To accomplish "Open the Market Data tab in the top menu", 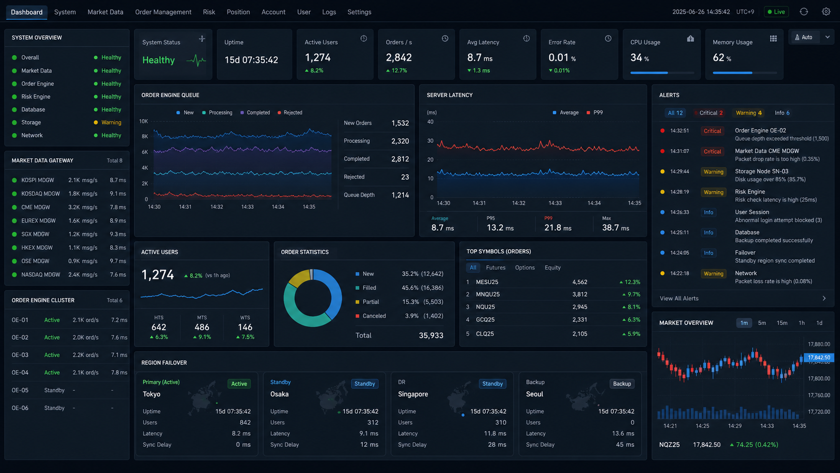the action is [x=106, y=12].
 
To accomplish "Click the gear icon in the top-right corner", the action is [x=826, y=12].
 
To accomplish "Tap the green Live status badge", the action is [x=776, y=12].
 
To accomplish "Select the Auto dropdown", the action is [x=811, y=37].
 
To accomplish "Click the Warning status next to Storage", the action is [x=111, y=122].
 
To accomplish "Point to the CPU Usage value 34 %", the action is [x=640, y=58].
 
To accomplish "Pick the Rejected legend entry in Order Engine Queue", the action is [x=290, y=113].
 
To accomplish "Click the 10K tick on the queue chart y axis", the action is [x=143, y=121].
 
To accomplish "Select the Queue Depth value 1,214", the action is [x=400, y=195].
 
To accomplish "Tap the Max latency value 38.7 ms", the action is [x=615, y=228].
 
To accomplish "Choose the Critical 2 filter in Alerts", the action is [x=709, y=113].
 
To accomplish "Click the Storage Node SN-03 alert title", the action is [x=761, y=171].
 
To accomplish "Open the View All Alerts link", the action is [x=679, y=298].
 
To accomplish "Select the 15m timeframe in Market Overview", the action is [x=782, y=323].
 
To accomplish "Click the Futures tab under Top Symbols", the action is [x=495, y=267].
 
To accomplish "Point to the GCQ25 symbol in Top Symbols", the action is [x=485, y=320].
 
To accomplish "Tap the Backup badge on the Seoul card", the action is [x=622, y=384].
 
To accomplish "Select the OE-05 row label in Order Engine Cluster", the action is [x=20, y=390].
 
